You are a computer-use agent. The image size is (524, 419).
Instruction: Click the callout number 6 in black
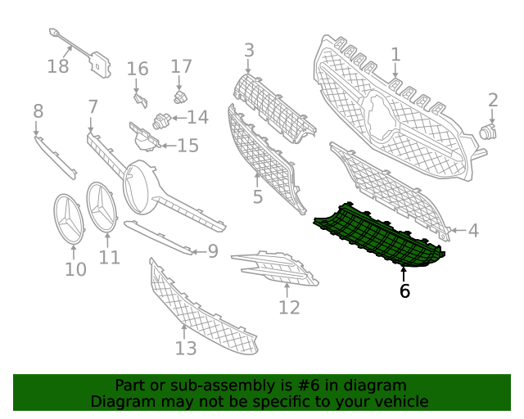(404, 291)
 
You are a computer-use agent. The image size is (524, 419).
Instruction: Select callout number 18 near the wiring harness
(58, 65)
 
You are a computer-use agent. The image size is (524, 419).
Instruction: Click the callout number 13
(186, 348)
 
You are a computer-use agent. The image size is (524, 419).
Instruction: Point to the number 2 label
(493, 100)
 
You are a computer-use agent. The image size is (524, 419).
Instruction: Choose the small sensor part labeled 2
(488, 132)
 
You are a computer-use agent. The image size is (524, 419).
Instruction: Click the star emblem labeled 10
(69, 219)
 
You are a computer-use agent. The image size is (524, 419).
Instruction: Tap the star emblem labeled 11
(102, 208)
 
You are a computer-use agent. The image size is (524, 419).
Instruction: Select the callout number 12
(289, 308)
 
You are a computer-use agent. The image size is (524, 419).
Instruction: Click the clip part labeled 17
(180, 97)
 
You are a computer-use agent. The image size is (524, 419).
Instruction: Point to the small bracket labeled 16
(140, 100)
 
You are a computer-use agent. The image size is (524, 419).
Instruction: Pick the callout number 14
(198, 117)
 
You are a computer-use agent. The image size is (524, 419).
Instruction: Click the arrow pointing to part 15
(169, 146)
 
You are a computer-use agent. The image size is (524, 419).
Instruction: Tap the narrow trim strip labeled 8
(56, 157)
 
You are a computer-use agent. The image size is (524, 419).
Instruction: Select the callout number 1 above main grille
(395, 55)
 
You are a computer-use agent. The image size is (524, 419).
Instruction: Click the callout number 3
(249, 50)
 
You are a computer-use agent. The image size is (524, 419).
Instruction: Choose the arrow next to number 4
(458, 230)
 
